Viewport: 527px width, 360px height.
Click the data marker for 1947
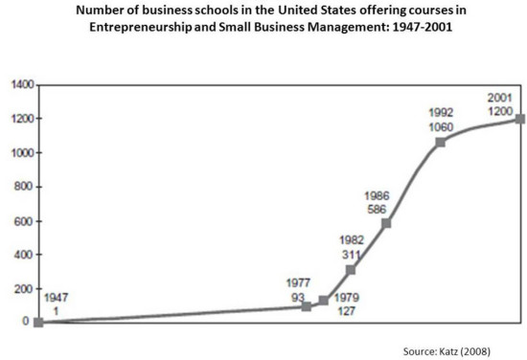point(38,323)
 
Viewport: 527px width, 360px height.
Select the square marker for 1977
point(307,306)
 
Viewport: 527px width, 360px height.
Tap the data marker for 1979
point(324,301)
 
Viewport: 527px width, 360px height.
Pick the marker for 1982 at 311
point(351,270)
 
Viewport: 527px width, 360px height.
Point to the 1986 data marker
point(387,223)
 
